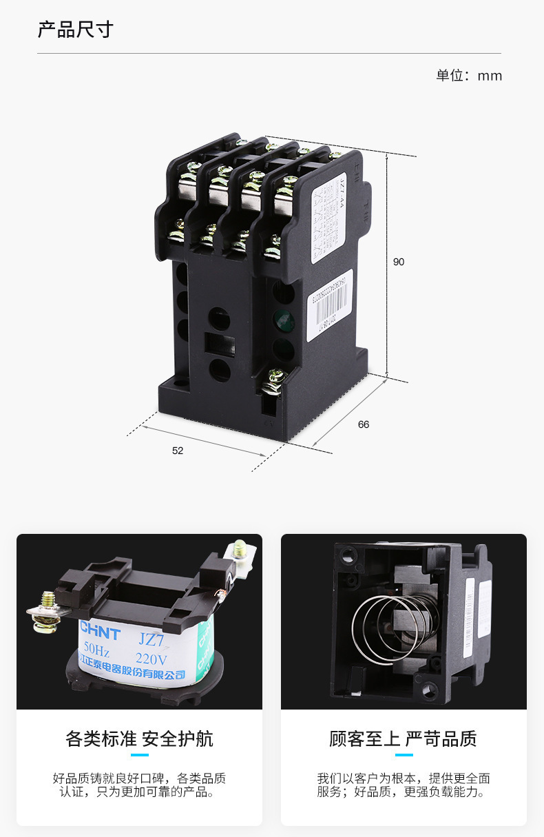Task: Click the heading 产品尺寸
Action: [x=75, y=30]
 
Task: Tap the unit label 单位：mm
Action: [x=468, y=76]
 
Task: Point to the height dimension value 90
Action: [x=399, y=262]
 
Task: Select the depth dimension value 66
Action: [x=364, y=424]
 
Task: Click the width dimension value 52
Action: [x=178, y=451]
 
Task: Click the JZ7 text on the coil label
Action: [x=151, y=639]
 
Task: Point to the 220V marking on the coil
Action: [x=151, y=659]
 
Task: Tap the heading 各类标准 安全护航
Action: [x=139, y=739]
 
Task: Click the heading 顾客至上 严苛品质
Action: [x=403, y=739]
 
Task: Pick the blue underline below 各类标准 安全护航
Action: [x=139, y=755]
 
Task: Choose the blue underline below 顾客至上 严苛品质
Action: [x=404, y=755]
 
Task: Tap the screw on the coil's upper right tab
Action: [x=240, y=548]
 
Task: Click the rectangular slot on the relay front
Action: [x=220, y=343]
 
